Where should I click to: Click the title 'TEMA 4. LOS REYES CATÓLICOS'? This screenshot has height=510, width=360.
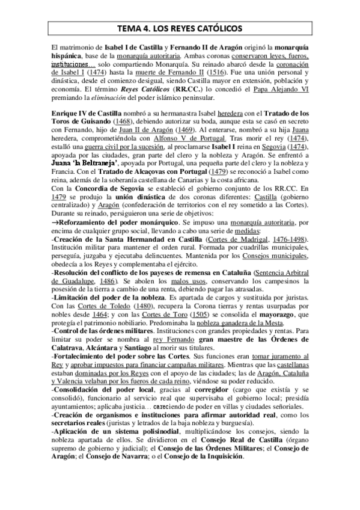pos(180,28)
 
